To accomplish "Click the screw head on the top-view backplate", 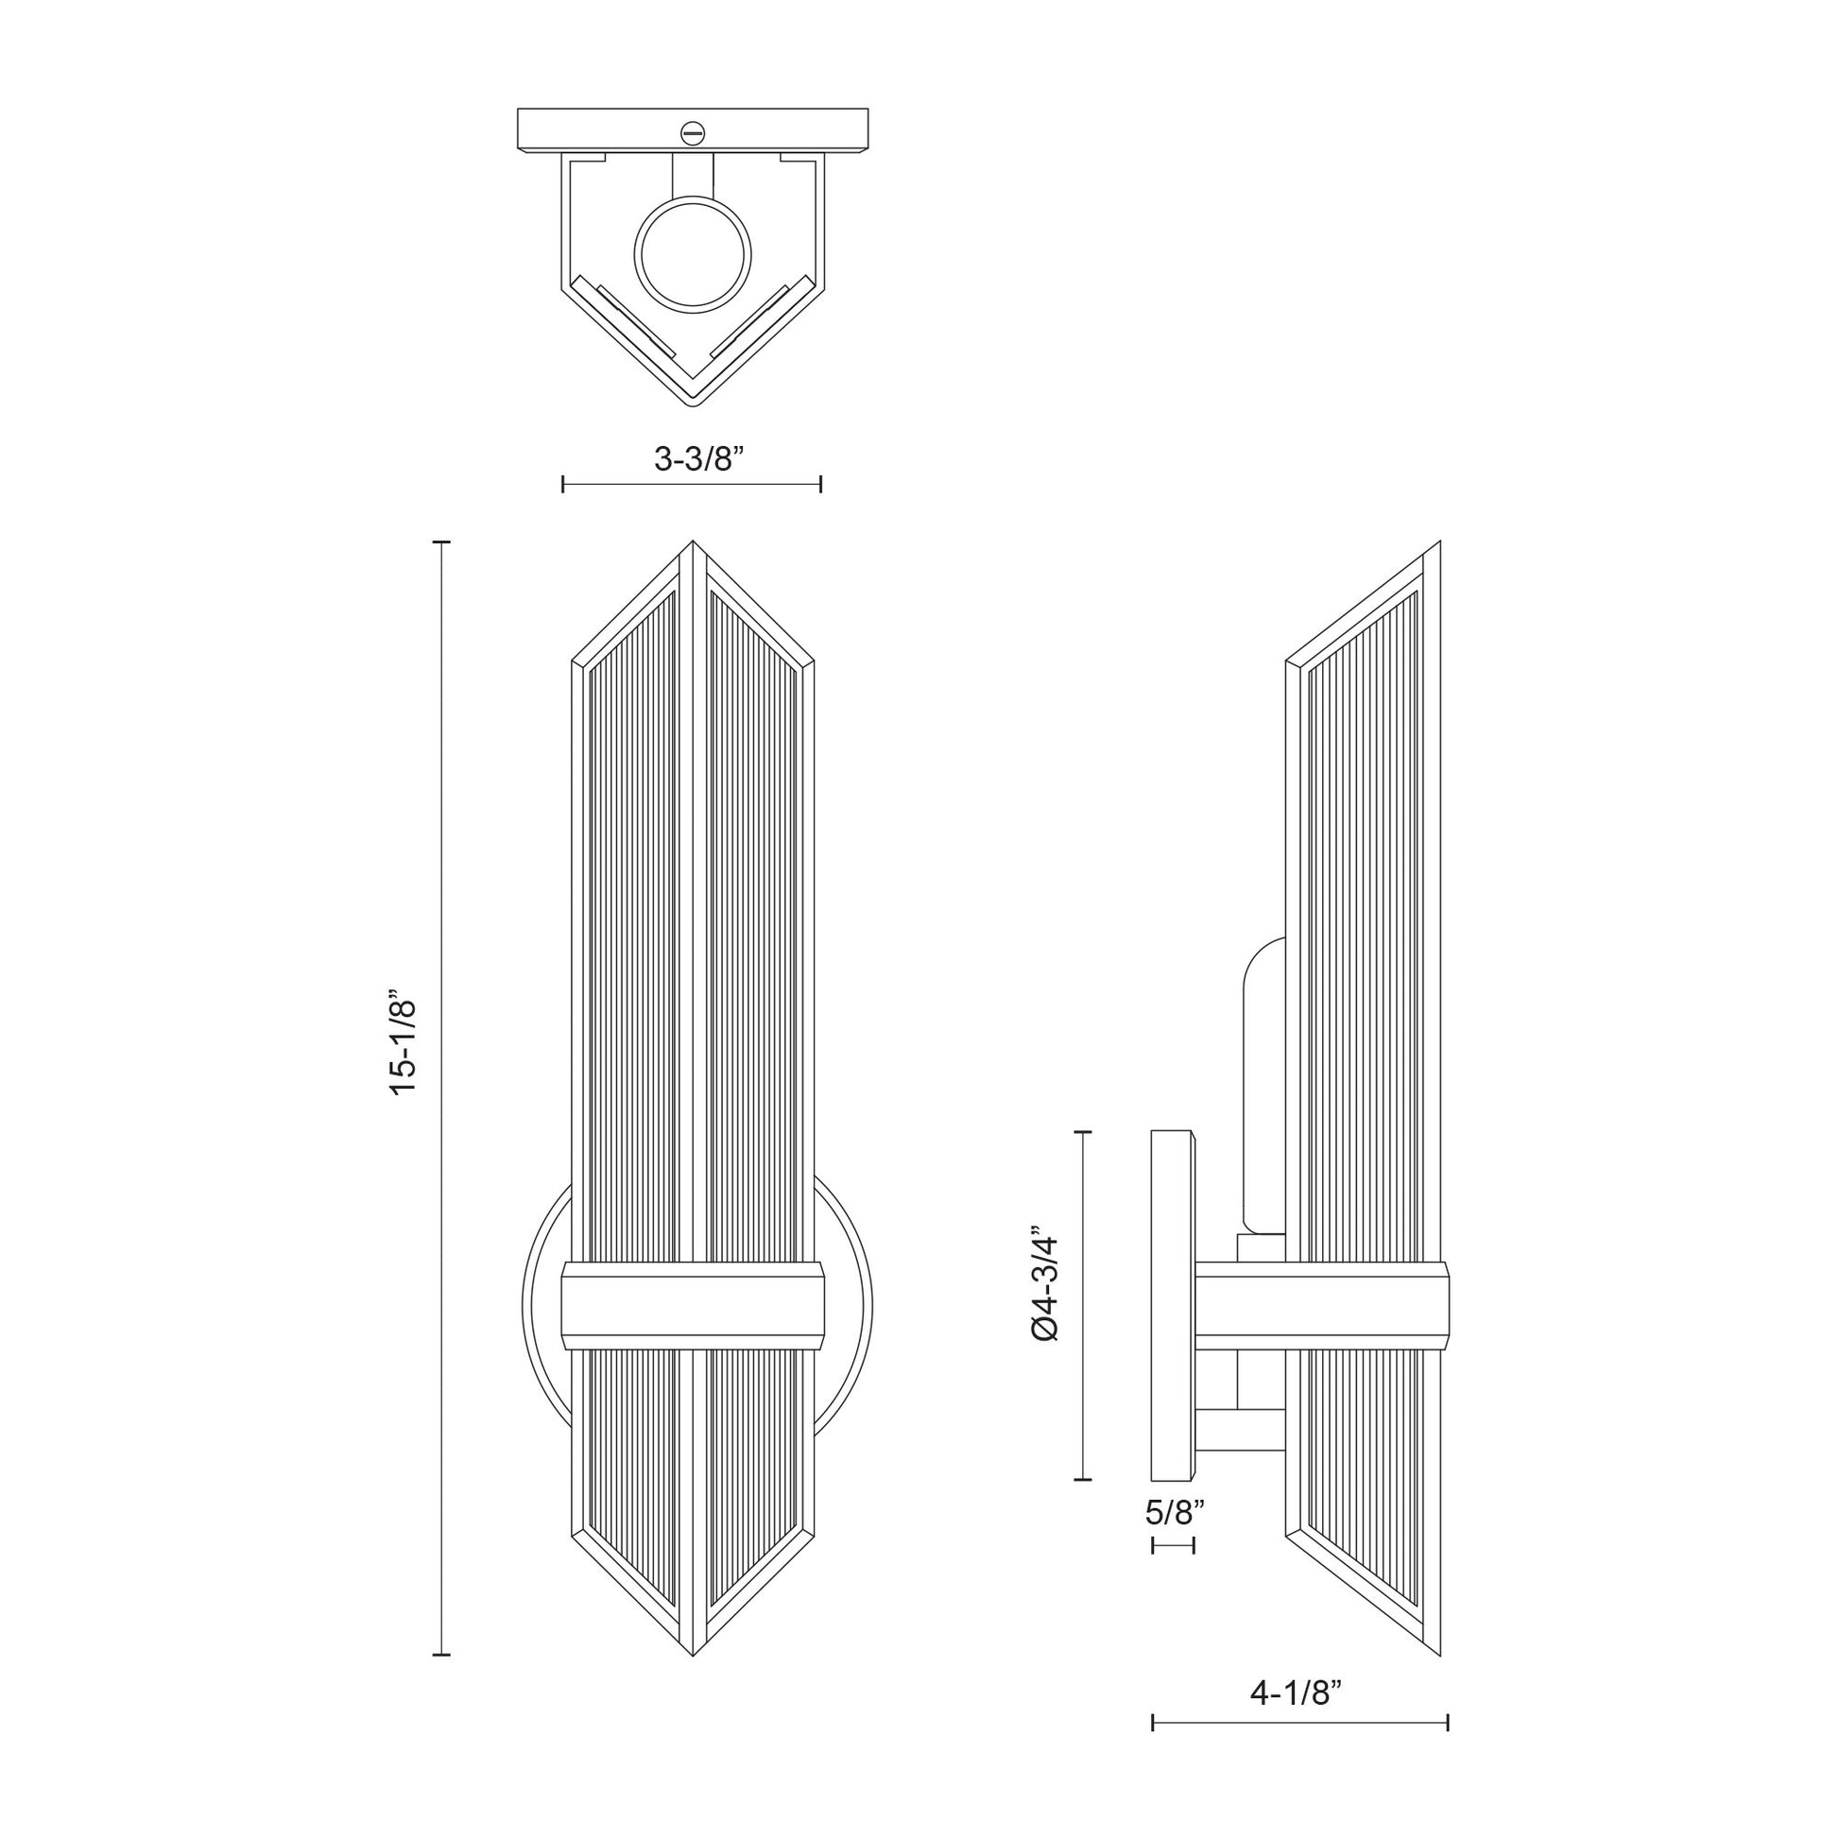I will tap(692, 132).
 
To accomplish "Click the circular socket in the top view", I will tap(692, 253).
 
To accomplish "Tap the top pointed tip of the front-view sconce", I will tap(692, 545).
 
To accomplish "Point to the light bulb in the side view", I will tap(1264, 1085).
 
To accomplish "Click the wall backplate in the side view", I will tap(1172, 1319).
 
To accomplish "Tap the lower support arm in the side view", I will tap(1239, 1456).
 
